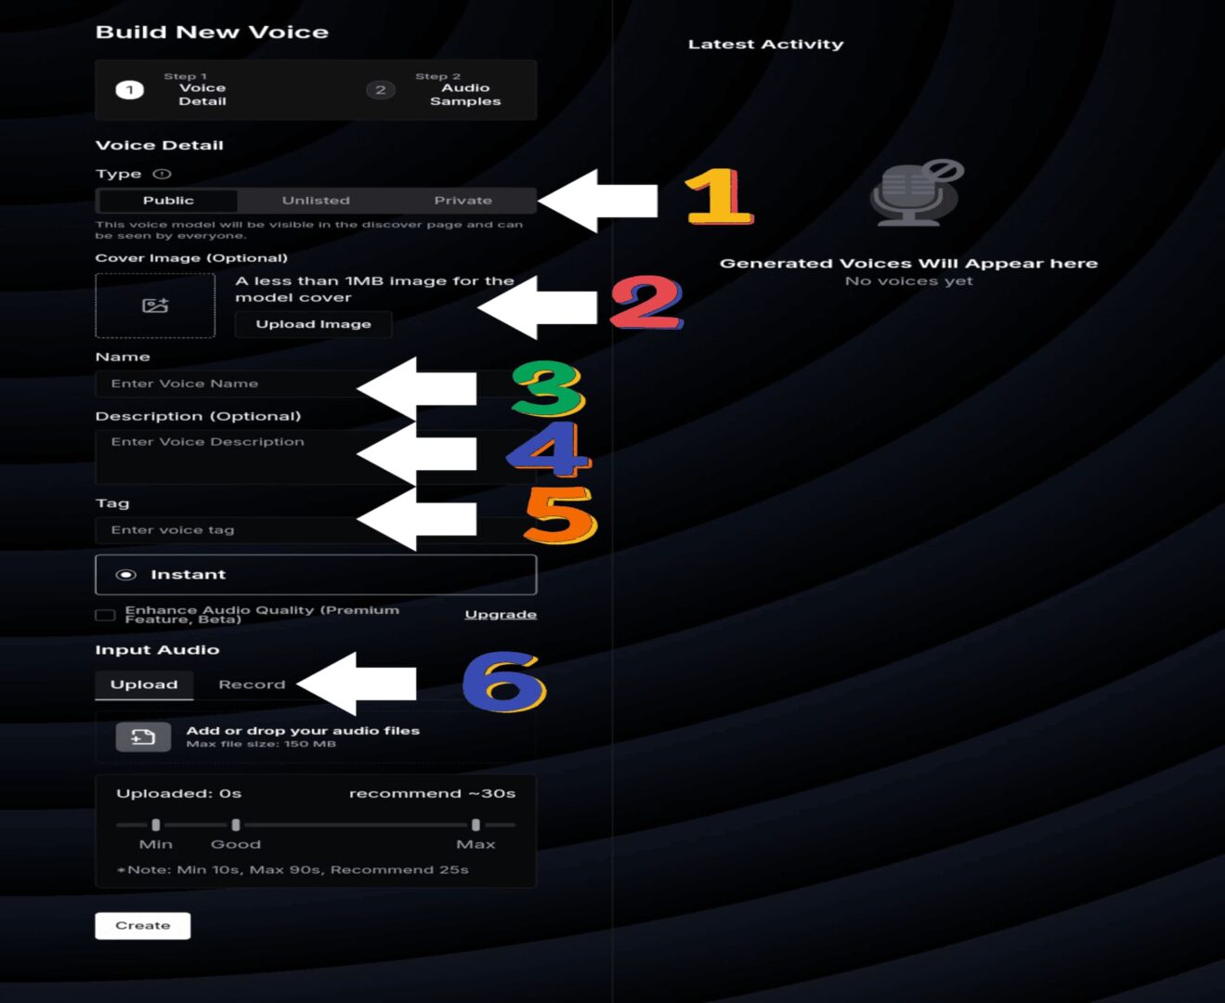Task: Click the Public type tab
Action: pyautogui.click(x=168, y=201)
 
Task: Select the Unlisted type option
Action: pyautogui.click(x=316, y=201)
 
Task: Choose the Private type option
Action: pyautogui.click(x=463, y=201)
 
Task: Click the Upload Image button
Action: pyautogui.click(x=313, y=324)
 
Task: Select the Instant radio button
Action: pyautogui.click(x=126, y=575)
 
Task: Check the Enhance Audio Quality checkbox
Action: pyautogui.click(x=105, y=615)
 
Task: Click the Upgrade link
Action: pyautogui.click(x=500, y=615)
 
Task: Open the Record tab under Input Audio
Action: pyautogui.click(x=252, y=684)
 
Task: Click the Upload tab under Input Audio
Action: pyautogui.click(x=144, y=684)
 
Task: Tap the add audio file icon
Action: pyautogui.click(x=143, y=737)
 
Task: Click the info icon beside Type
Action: pyautogui.click(x=162, y=174)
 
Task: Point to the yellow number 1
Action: pyautogui.click(x=719, y=196)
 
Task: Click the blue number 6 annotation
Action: pyautogui.click(x=504, y=682)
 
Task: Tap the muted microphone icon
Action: pyautogui.click(x=916, y=193)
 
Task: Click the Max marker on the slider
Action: pyautogui.click(x=476, y=825)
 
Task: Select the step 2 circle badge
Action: pyautogui.click(x=381, y=90)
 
